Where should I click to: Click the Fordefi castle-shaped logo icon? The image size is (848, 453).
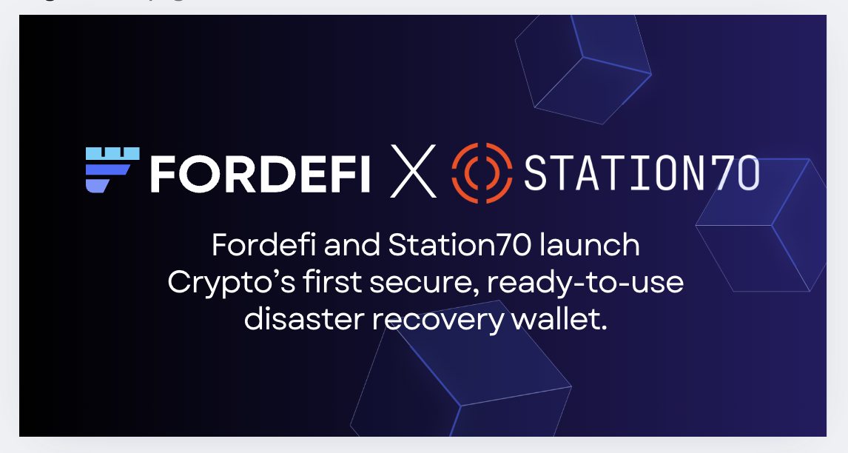[112, 170]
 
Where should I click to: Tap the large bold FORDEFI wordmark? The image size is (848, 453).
[260, 174]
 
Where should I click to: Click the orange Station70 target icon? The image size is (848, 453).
[482, 172]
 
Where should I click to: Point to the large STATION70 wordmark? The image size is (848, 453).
[642, 173]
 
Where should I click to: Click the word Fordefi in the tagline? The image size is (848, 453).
[264, 244]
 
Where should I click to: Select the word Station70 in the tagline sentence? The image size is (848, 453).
[460, 244]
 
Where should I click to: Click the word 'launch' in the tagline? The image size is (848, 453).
[590, 244]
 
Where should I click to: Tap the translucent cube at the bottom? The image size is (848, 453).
[460, 374]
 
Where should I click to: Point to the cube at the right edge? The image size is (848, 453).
[761, 224]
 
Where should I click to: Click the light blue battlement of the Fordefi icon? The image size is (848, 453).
[112, 154]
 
